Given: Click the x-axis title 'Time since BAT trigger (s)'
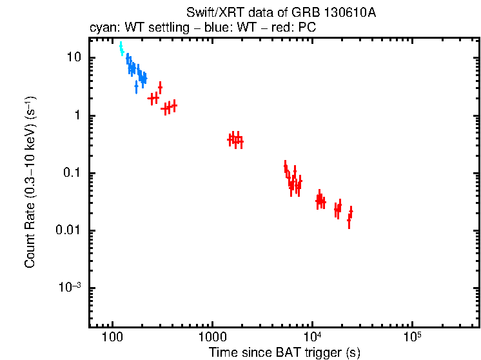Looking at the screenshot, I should click(284, 352).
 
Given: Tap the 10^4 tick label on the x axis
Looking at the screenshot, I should click(312, 336).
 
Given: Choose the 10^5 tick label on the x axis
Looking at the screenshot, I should click(412, 336).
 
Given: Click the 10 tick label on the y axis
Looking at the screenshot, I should click(74, 58).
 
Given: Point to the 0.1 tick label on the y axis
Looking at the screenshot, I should click(73, 173).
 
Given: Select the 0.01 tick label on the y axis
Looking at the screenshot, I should click(70, 230).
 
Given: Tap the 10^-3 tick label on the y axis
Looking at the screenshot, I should click(71, 287).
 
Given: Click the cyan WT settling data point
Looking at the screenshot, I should click(121, 49).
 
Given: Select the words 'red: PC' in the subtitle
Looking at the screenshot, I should click(296, 29).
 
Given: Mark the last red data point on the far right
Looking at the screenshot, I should click(351, 211).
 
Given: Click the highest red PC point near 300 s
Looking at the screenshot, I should click(160, 86).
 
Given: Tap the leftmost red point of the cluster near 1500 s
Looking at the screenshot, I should click(231, 139).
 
